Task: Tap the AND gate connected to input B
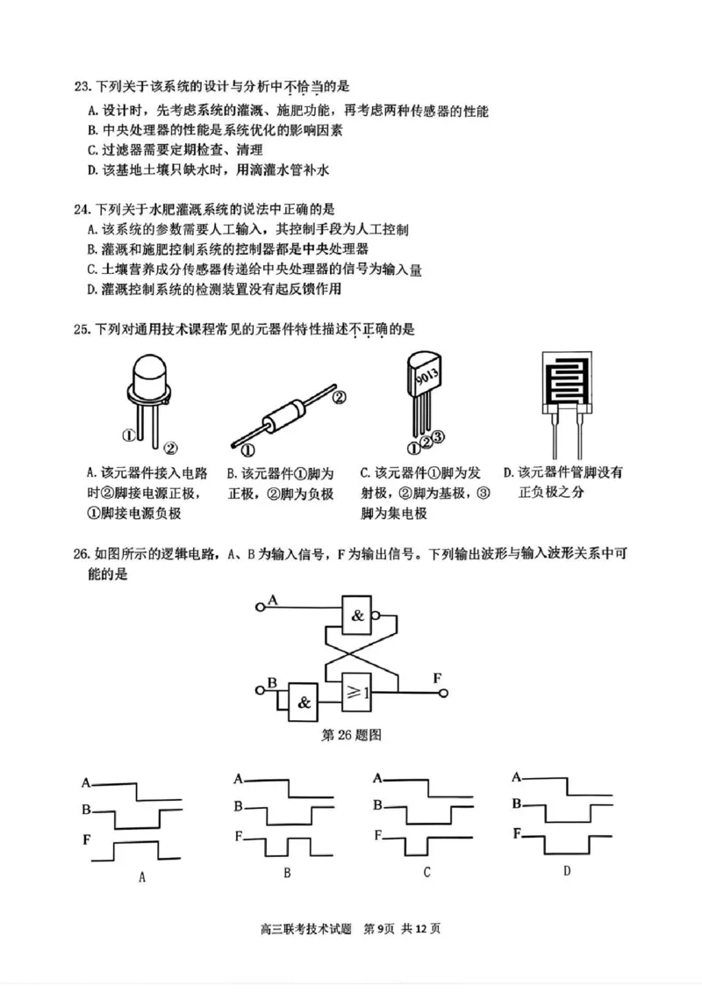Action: click(304, 702)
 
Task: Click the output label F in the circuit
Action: click(437, 677)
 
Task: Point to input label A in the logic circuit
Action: click(272, 601)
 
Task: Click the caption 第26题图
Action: click(351, 734)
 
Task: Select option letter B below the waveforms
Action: click(287, 874)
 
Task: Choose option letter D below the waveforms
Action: click(567, 871)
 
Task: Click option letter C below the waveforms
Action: click(426, 873)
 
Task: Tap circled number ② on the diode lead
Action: click(340, 397)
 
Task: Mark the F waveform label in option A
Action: click(87, 840)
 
